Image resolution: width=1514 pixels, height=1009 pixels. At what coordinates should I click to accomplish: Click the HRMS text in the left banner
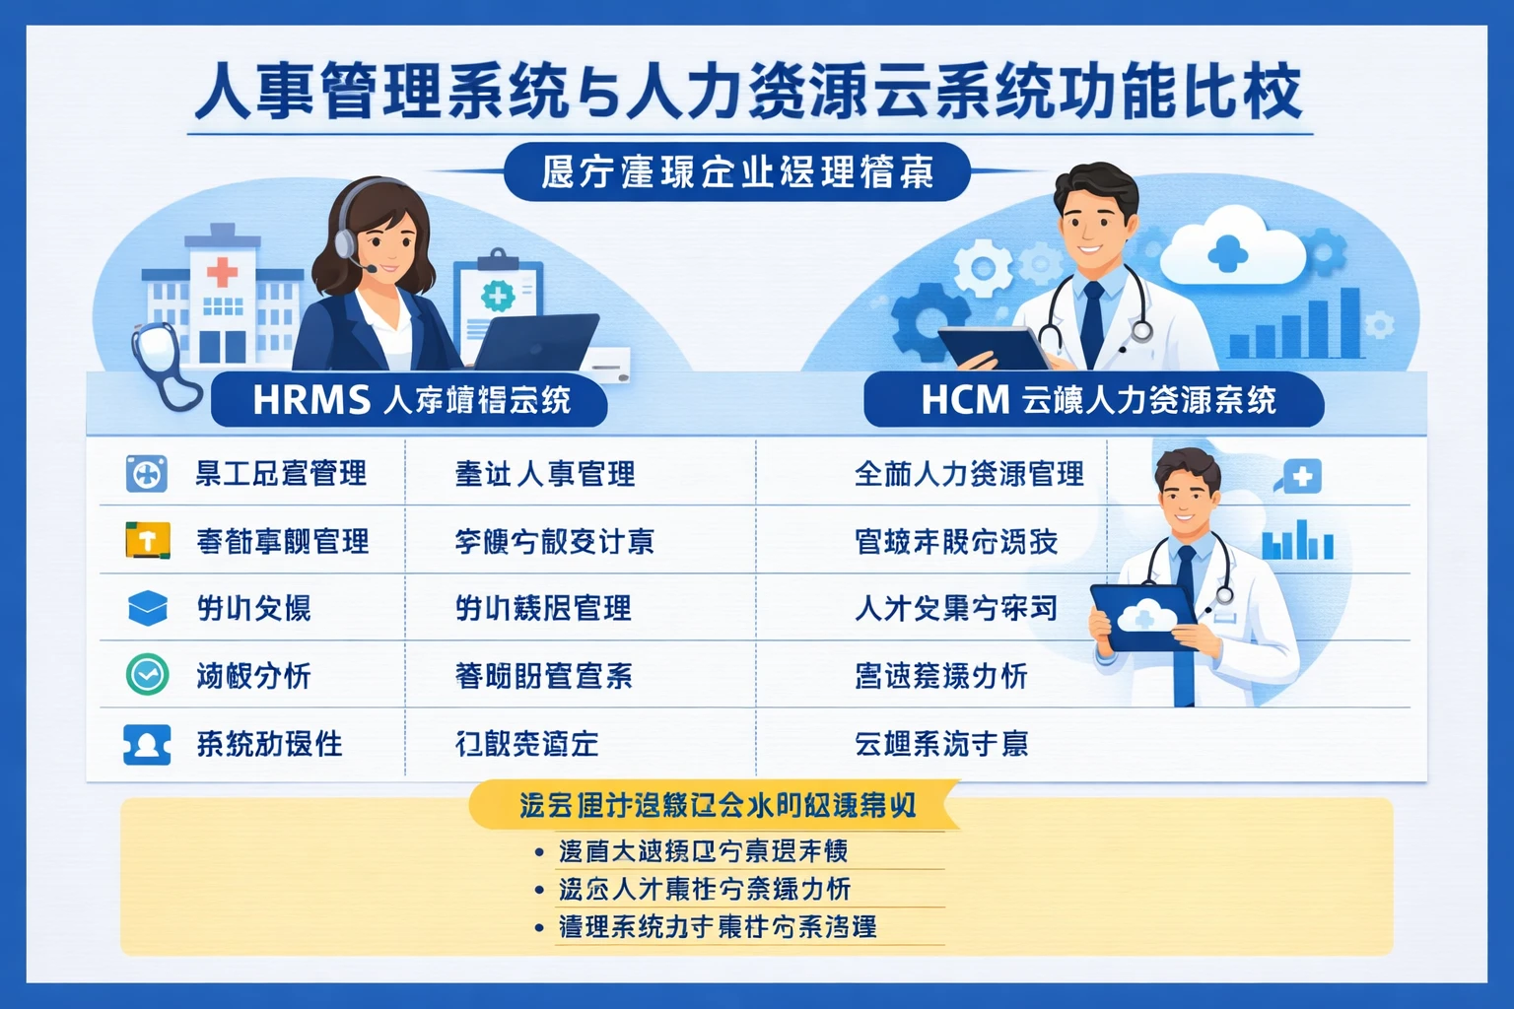(x=310, y=400)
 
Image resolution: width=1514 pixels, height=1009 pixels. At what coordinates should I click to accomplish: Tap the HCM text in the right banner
(x=965, y=400)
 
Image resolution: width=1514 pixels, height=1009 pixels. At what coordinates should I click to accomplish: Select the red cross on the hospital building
(x=222, y=271)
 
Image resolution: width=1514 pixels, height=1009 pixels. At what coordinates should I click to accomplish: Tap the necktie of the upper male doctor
(x=1092, y=320)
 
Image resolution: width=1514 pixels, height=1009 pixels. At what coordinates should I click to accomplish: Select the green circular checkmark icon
(x=148, y=675)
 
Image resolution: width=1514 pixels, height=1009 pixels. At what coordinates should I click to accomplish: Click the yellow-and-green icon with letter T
(x=148, y=540)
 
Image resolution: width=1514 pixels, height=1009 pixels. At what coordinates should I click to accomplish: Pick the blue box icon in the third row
(x=148, y=607)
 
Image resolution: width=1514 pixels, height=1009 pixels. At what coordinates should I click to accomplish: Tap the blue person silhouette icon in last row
(x=147, y=744)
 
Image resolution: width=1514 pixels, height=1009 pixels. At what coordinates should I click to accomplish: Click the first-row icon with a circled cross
(x=147, y=474)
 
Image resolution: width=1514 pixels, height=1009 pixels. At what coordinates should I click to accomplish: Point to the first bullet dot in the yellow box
(x=538, y=851)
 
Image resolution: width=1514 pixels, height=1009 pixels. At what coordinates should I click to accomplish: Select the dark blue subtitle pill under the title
(x=737, y=172)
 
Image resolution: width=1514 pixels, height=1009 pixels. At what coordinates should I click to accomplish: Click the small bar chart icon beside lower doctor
(x=1297, y=541)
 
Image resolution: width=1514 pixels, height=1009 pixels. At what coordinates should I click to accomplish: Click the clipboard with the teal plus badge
(x=498, y=296)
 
